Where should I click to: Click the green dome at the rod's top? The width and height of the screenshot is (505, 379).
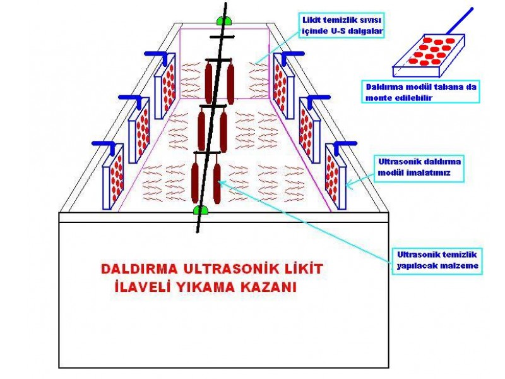[223, 20]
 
